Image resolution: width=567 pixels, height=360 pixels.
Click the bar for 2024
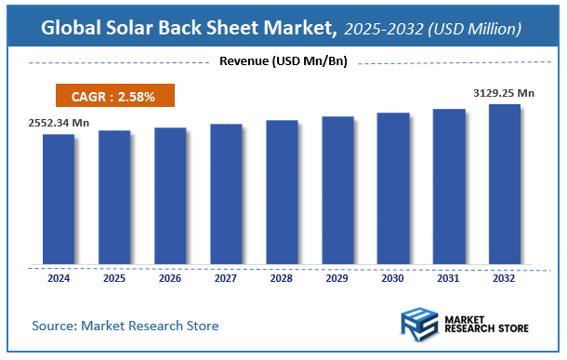click(x=59, y=198)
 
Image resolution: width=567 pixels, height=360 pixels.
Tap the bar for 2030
click(x=393, y=188)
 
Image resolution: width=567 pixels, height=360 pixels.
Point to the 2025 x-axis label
click(x=114, y=278)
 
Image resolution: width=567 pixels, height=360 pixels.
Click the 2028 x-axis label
click(x=282, y=278)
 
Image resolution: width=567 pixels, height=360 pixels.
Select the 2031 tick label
click(x=449, y=278)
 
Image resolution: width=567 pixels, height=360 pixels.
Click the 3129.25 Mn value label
click(x=505, y=92)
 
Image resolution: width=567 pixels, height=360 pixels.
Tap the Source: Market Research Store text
click(x=125, y=326)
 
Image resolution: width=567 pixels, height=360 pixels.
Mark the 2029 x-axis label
click(x=337, y=278)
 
